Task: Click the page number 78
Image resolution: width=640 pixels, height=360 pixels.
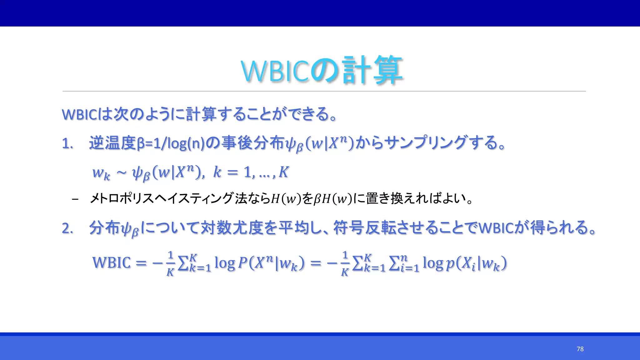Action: (580, 349)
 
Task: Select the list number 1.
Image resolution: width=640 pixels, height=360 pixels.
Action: (67, 144)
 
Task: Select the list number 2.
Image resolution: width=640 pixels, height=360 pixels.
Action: (67, 228)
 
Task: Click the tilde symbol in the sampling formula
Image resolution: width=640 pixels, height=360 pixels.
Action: (121, 173)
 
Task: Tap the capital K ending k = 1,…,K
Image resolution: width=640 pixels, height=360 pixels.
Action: (283, 172)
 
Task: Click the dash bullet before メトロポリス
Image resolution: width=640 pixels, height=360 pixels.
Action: (75, 199)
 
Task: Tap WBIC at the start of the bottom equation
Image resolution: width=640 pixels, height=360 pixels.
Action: (111, 262)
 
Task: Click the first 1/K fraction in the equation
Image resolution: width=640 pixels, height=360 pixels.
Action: (170, 263)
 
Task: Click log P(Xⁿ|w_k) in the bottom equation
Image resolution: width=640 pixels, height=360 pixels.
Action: (259, 263)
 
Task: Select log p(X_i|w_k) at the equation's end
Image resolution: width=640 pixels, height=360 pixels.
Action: (464, 263)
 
